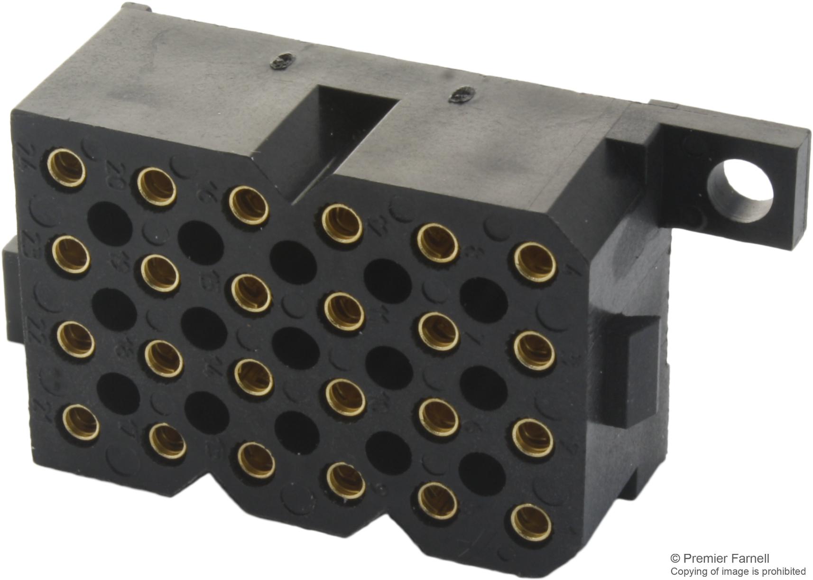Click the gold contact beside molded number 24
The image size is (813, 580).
tap(67, 167)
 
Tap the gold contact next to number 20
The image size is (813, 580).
tap(157, 186)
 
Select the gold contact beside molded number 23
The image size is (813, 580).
tap(71, 255)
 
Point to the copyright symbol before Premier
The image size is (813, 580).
tap(675, 559)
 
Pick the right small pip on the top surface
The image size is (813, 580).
tap(459, 95)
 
